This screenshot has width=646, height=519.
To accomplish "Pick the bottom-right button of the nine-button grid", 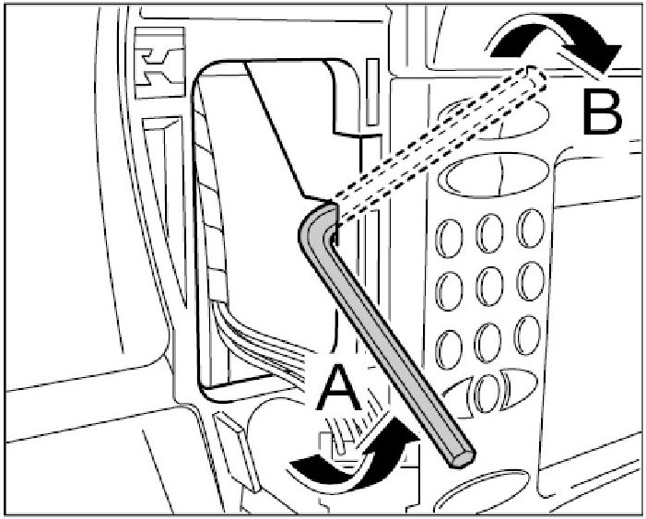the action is click(x=527, y=331).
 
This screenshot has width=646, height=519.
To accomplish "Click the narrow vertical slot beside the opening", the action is click(x=370, y=92).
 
